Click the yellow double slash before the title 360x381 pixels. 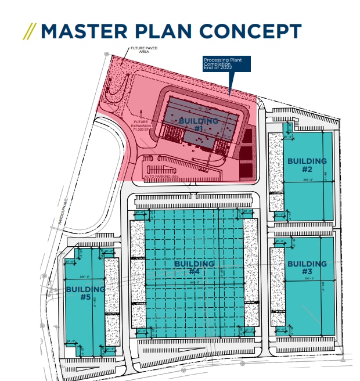tap(30, 31)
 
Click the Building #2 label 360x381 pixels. tap(307, 165)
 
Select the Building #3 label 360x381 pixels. tap(307, 268)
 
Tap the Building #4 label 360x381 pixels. tap(195, 268)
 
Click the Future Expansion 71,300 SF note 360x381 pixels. tap(143, 126)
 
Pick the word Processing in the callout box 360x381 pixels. tap(215, 59)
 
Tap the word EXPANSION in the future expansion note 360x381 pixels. tap(142, 125)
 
